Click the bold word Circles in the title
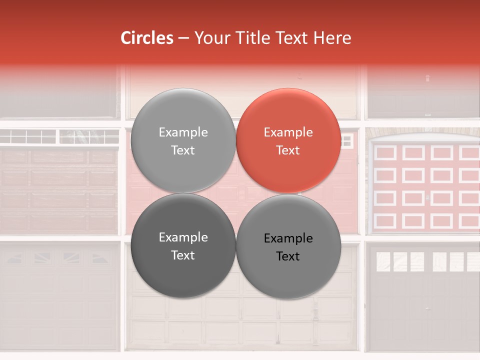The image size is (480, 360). click(147, 38)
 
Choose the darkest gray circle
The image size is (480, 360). click(183, 246)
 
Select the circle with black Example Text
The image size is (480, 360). click(288, 247)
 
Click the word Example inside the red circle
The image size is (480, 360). click(288, 132)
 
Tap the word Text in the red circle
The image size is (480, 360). click(288, 150)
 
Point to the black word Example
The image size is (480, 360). click(288, 238)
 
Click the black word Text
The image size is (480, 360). click(288, 256)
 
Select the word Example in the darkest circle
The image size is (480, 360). click(183, 237)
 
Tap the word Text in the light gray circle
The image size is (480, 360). click(183, 150)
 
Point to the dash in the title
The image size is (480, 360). click(183, 38)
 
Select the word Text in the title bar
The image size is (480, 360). click(291, 38)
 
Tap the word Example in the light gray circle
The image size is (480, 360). click(183, 132)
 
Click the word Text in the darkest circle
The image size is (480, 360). click(183, 255)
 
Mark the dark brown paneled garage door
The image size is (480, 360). click(59, 190)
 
